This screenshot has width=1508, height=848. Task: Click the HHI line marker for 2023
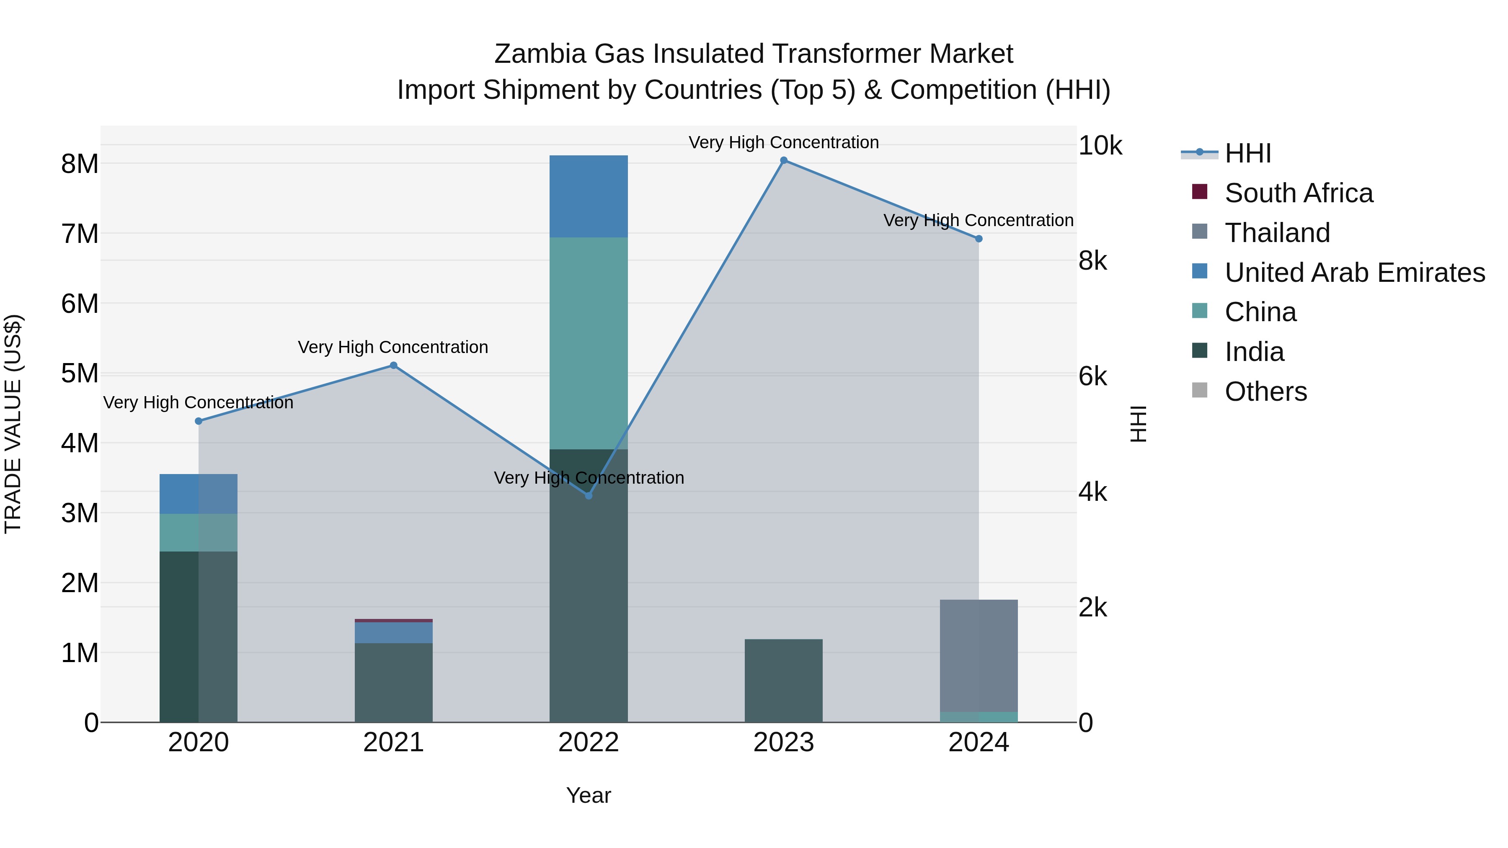click(x=783, y=160)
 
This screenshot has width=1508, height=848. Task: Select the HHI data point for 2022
click(x=589, y=496)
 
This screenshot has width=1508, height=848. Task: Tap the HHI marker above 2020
click(x=199, y=421)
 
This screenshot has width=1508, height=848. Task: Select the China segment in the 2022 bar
click(x=589, y=343)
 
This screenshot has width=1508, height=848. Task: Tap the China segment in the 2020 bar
click(x=199, y=533)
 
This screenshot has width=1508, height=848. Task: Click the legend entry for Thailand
click(x=1277, y=233)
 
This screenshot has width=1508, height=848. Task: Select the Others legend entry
click(x=1265, y=392)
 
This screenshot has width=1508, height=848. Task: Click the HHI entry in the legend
click(x=1247, y=153)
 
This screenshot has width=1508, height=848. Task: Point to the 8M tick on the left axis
click(x=80, y=164)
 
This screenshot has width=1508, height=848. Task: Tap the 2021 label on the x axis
click(x=393, y=742)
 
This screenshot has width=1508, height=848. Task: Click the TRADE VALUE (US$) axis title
click(x=13, y=424)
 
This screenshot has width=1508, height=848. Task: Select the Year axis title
click(x=589, y=795)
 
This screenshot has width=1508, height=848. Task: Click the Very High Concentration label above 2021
click(x=393, y=347)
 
